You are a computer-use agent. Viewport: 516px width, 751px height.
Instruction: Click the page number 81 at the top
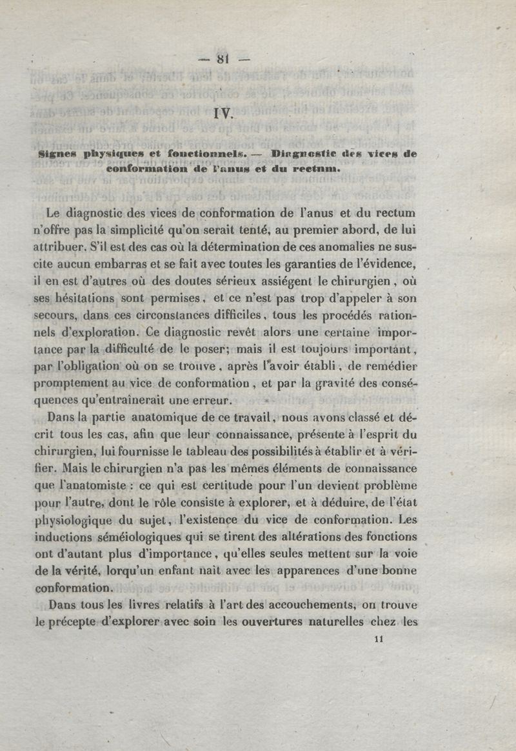223,60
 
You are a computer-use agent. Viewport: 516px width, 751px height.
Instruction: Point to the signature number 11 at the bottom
379,639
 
